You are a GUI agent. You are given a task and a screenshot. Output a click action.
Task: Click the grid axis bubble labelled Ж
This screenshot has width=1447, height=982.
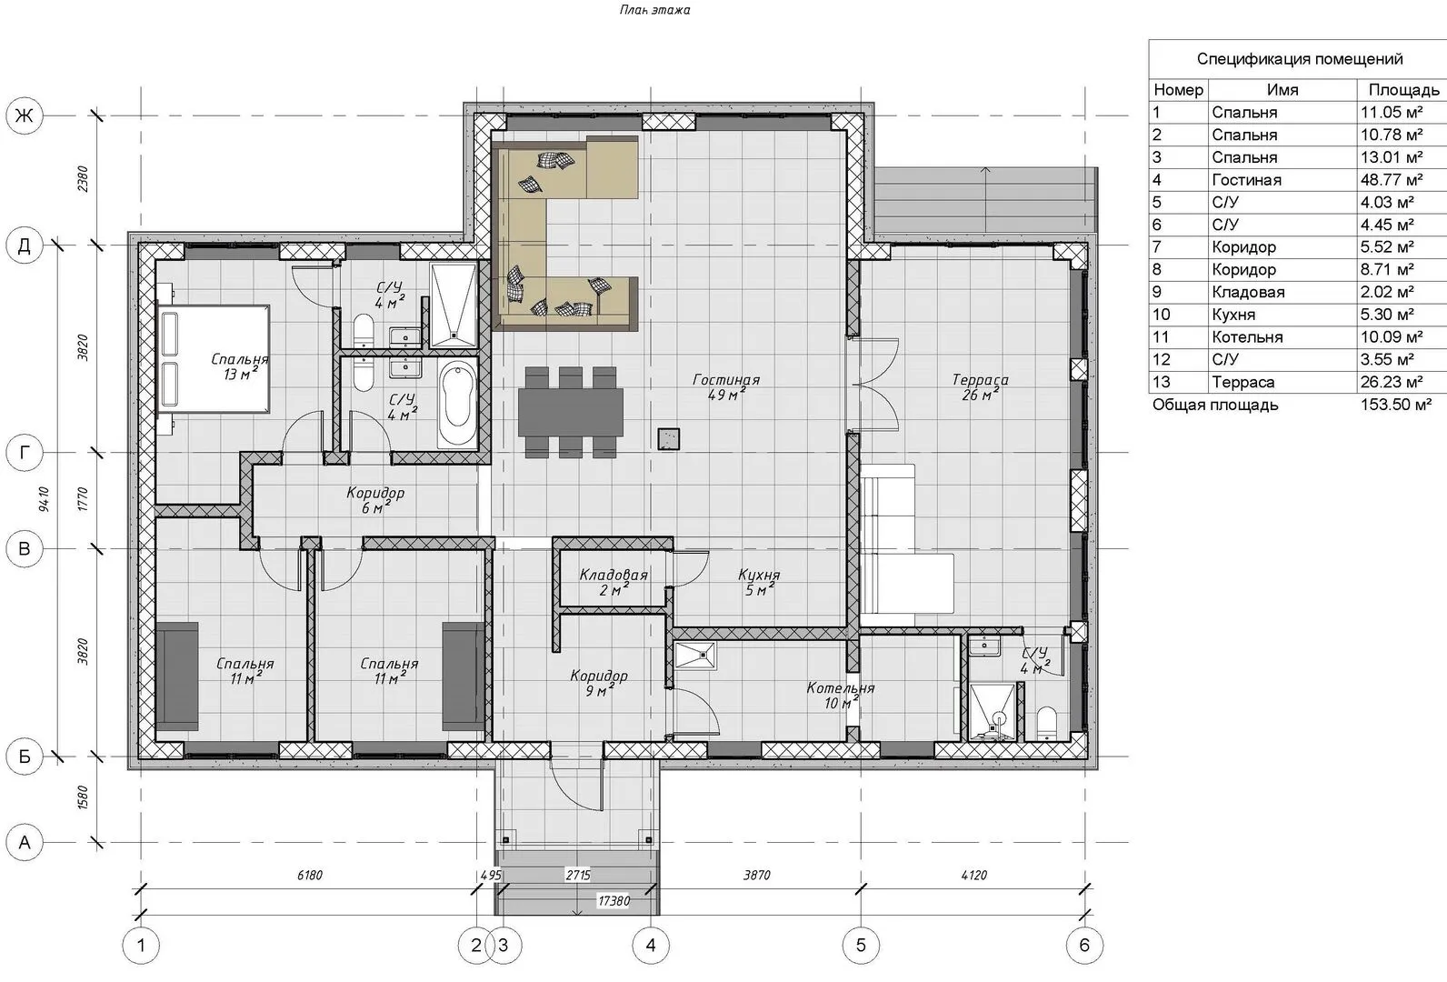pyautogui.click(x=25, y=116)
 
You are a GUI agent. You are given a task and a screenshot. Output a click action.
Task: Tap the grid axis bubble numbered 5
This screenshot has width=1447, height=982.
pyautogui.click(x=861, y=946)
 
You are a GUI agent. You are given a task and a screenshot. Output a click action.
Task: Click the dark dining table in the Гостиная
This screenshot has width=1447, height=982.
pyautogui.click(x=571, y=412)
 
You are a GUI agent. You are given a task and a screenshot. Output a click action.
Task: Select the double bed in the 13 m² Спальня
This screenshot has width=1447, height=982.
pyautogui.click(x=215, y=358)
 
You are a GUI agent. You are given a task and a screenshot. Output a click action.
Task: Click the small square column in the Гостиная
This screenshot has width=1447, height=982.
pyautogui.click(x=669, y=438)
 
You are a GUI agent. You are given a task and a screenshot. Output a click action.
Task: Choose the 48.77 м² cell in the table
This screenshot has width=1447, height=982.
pyautogui.click(x=1392, y=180)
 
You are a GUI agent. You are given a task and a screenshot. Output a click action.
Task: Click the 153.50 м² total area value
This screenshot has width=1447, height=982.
pyautogui.click(x=1395, y=406)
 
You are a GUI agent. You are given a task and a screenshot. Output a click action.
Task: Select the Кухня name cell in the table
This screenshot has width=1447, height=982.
pyautogui.click(x=1233, y=315)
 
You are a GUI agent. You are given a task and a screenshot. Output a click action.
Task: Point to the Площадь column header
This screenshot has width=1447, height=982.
pyautogui.click(x=1403, y=90)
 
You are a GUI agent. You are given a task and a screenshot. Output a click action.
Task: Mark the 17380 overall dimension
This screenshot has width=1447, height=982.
pyautogui.click(x=614, y=900)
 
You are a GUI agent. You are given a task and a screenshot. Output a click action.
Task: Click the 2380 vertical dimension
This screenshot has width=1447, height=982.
pyautogui.click(x=83, y=179)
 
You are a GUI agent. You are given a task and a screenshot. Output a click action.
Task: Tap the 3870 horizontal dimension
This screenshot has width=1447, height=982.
pyautogui.click(x=756, y=876)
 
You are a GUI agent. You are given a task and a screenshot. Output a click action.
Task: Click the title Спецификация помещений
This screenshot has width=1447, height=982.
pyautogui.click(x=1300, y=59)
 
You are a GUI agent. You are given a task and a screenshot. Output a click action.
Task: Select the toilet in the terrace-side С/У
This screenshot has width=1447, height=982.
pyautogui.click(x=1046, y=723)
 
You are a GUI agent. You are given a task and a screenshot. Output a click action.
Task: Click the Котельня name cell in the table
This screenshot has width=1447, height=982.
pyautogui.click(x=1247, y=337)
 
